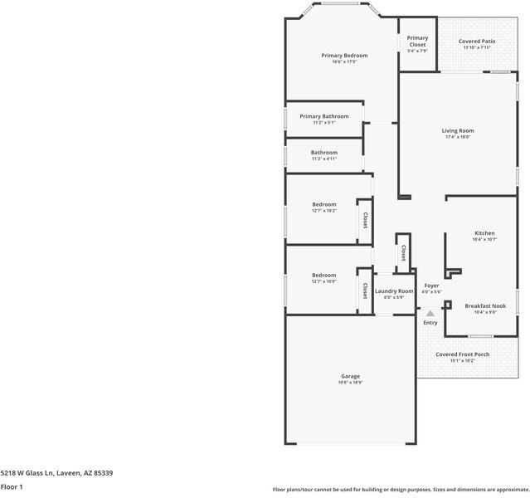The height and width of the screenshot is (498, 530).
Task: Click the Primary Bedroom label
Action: pos(344,56)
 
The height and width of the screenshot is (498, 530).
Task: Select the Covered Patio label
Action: pos(476,41)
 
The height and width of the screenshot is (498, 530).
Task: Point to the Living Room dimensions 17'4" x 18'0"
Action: pos(457,137)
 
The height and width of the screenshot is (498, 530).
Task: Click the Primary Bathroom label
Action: pos(323,116)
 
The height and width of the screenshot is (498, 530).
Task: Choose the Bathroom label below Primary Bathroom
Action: pos(323,153)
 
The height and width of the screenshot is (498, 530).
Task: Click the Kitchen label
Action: pos(484,233)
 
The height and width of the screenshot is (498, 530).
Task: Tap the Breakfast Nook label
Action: pos(484,305)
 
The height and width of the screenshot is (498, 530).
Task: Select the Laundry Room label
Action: pos(393,291)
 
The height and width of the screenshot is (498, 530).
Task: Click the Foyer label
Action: pos(431,286)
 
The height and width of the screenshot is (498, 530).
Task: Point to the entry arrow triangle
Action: pos(430,314)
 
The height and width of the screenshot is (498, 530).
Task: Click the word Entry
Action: pos(430,323)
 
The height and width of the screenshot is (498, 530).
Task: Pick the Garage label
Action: pos(350,376)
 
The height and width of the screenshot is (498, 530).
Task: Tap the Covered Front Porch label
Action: pos(462,354)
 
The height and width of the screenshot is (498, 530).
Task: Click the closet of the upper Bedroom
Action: pos(364,221)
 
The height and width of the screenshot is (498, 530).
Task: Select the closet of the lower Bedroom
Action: pos(364,290)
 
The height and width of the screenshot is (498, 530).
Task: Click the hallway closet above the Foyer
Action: pos(403,251)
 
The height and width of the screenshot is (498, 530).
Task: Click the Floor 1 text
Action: pos(12,486)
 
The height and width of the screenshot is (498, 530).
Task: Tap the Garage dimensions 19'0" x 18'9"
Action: pos(350,383)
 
